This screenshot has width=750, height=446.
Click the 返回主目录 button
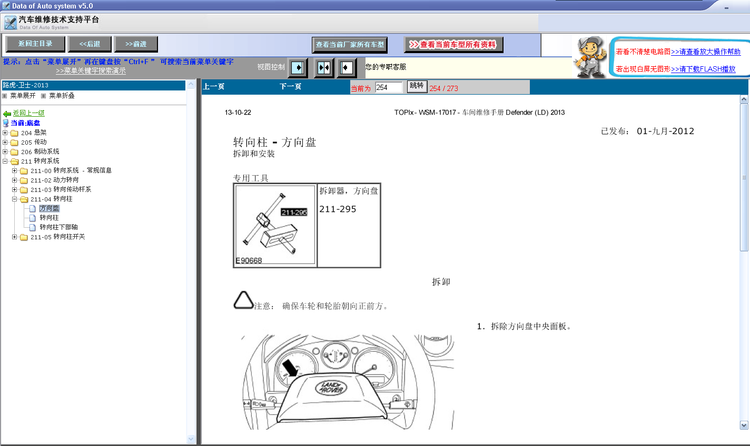35,44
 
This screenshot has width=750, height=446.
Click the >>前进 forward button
136,44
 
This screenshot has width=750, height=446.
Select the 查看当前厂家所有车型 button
350,45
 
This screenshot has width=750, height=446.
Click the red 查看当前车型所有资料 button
453,45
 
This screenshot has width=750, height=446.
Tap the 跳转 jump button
417,86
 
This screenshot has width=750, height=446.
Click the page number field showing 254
388,87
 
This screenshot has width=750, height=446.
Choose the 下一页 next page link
290,87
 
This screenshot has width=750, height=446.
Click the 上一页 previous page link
214,87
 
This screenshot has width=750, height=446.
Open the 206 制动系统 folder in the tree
40,152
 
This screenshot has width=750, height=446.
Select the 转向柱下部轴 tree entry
58,227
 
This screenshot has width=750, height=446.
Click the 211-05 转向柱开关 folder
57,237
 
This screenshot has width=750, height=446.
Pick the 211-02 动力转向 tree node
55,180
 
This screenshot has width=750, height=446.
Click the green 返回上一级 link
28,113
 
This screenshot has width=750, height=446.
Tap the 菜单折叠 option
62,96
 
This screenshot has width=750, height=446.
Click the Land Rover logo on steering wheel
331,388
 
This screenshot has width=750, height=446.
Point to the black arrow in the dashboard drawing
290,368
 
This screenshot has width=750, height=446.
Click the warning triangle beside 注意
243,300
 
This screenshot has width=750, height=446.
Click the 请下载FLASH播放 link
703,69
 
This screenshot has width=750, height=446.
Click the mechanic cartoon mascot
590,57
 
